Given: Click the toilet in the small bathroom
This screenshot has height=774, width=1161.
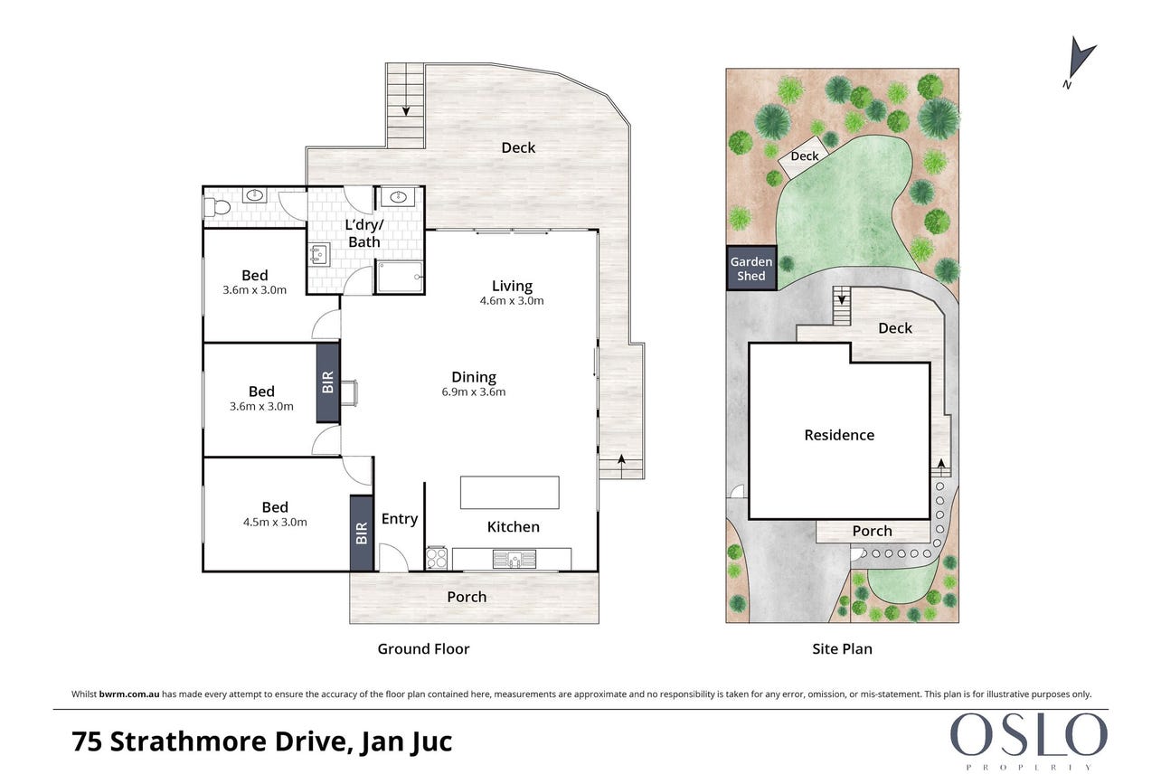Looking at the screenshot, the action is point(217,208).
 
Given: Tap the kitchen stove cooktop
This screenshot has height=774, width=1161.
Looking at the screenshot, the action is point(437,558).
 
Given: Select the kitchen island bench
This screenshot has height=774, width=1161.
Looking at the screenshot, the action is point(509,492).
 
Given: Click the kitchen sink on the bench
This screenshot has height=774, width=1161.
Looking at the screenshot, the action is point(514,559).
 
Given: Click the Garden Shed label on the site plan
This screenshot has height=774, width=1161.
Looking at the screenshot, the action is point(751,269).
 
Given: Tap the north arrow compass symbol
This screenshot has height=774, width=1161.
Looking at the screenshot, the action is point(1080,62).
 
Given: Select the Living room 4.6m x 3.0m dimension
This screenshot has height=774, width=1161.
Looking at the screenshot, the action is point(512,301).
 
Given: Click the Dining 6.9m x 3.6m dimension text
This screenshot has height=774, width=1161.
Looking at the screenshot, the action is point(473,392).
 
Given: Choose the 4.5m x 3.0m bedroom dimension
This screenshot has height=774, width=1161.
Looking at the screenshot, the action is point(275,522).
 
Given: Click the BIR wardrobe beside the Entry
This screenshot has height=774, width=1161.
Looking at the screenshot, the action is point(362,533).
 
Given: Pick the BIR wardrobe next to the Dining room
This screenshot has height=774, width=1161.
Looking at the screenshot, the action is point(327,382).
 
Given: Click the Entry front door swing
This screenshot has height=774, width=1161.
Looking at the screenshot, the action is point(394,557).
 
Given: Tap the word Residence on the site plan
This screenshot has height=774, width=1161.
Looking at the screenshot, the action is point(839,435).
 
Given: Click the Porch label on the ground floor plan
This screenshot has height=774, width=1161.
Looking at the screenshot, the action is point(467,597).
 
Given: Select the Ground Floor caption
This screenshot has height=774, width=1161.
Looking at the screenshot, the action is point(423,648).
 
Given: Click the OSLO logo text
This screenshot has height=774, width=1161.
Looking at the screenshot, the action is point(1028,735).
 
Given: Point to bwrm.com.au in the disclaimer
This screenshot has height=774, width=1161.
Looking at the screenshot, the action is point(129,694).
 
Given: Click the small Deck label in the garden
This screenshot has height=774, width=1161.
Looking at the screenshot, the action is point(805,156).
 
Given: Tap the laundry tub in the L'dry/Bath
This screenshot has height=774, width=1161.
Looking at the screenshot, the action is point(318,255).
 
